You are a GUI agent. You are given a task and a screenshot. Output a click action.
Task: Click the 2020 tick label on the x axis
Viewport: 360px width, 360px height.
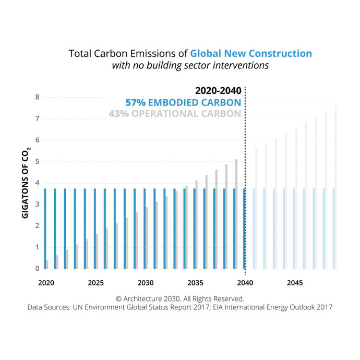(x=45, y=282)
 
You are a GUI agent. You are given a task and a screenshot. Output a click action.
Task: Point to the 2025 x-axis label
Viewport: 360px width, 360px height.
(x=95, y=282)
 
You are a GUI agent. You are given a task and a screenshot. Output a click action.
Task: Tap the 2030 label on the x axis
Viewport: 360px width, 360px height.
(x=146, y=282)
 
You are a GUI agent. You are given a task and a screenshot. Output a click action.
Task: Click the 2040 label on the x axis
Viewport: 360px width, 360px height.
(x=245, y=282)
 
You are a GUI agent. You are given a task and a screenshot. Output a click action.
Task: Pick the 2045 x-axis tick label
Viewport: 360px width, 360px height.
(x=295, y=282)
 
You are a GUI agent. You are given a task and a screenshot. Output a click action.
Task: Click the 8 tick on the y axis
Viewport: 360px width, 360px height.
(x=37, y=97)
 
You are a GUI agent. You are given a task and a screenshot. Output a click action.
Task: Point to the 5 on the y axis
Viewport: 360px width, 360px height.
(x=37, y=161)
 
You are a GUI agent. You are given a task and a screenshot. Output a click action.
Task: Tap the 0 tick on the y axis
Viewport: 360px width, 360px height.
(x=37, y=269)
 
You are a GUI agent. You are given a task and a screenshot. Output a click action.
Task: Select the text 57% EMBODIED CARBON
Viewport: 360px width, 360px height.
(x=183, y=102)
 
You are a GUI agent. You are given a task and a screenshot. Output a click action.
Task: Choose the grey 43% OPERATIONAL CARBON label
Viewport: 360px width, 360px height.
(x=175, y=114)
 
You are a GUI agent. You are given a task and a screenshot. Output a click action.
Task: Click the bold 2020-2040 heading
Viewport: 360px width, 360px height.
(x=218, y=91)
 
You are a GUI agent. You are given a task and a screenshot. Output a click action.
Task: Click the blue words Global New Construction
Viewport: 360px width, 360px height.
(x=251, y=53)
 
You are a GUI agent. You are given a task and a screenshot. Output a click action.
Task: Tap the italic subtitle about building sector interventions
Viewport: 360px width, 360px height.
(x=190, y=66)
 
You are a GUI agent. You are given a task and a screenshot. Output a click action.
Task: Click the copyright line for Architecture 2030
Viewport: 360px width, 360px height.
(x=180, y=299)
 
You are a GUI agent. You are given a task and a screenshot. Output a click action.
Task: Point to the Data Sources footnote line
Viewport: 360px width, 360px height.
(x=180, y=307)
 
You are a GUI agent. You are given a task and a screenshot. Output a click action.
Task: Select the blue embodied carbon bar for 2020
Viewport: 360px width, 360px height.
(x=45, y=229)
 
